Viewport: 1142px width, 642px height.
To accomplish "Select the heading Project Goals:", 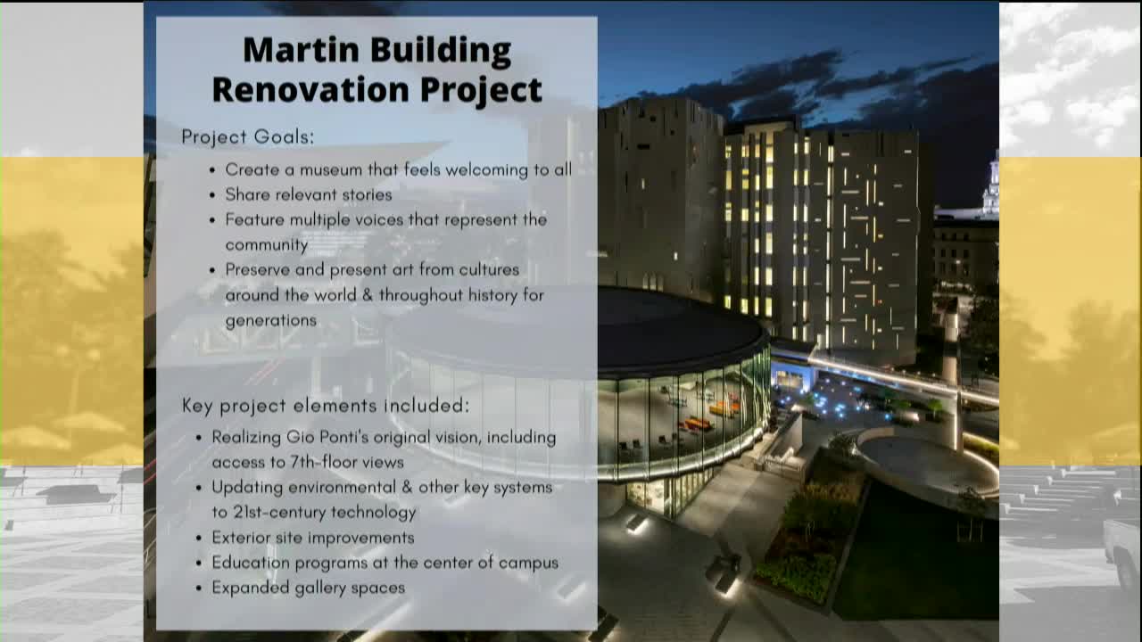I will click(x=248, y=137).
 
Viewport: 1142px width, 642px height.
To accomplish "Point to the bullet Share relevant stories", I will click(x=308, y=194).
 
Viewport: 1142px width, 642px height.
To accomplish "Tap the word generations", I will click(x=270, y=320).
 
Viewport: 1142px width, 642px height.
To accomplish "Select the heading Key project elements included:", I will click(x=326, y=406).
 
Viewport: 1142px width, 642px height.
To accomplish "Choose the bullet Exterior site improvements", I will click(x=312, y=538).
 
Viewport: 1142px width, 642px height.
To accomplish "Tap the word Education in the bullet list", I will click(x=250, y=563).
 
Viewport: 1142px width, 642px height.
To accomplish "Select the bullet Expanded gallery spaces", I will click(x=308, y=588).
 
